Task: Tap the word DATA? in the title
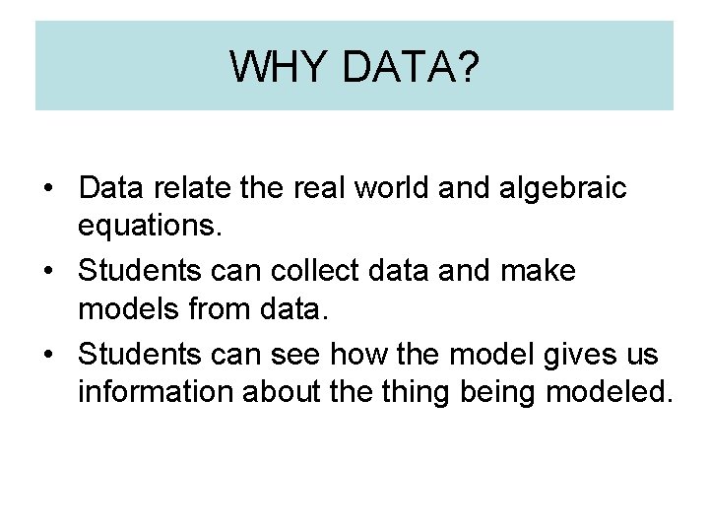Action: click(x=412, y=66)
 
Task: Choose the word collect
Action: click(x=334, y=270)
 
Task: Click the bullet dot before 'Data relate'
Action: click(x=48, y=188)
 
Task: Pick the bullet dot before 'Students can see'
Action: click(x=48, y=354)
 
